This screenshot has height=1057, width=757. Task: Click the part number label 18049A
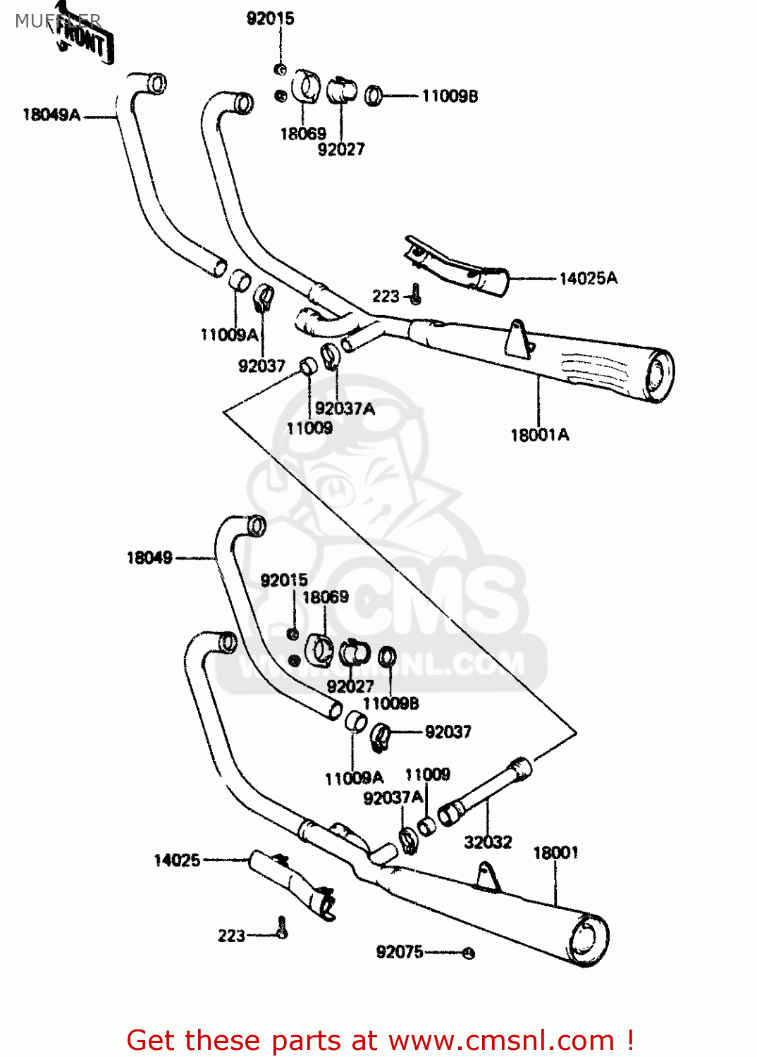pyautogui.click(x=51, y=115)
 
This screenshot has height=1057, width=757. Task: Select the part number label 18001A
pyautogui.click(x=539, y=435)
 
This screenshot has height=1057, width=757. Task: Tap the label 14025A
pyautogui.click(x=588, y=278)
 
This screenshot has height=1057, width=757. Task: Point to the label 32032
pyautogui.click(x=488, y=842)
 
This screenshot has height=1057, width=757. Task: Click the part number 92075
pyautogui.click(x=400, y=952)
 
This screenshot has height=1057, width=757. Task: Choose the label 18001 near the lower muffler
pyautogui.click(x=555, y=853)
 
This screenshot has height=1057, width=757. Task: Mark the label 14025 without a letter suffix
pyautogui.click(x=177, y=860)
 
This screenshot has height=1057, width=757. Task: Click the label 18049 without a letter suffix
pyautogui.click(x=149, y=558)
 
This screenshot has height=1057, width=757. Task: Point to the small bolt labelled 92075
pyautogui.click(x=469, y=953)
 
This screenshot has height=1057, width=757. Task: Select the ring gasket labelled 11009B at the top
pyautogui.click(x=374, y=94)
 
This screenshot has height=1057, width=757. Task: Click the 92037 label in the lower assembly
pyautogui.click(x=448, y=732)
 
